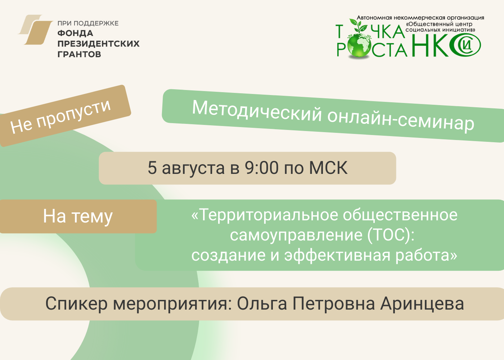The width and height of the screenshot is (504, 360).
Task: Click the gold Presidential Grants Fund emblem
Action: click(35, 30)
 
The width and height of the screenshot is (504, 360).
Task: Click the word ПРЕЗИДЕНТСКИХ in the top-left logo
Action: click(99, 44)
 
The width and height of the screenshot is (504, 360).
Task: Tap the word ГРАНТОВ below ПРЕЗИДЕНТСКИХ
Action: click(79, 54)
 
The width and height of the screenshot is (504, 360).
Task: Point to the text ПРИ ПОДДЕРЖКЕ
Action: click(88, 23)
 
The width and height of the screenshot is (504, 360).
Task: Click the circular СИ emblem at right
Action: click(465, 45)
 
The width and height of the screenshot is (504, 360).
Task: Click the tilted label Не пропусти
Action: click(61, 117)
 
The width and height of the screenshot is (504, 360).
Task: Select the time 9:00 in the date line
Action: click(262, 168)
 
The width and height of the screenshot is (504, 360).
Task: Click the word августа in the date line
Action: click(193, 169)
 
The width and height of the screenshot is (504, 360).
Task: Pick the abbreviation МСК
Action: click(328, 168)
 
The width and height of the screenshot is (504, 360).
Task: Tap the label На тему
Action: click(78, 216)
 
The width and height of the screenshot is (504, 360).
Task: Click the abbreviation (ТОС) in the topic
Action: click(391, 235)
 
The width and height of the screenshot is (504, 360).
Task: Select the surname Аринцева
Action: click(422, 304)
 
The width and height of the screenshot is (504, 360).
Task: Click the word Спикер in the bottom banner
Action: click(76, 304)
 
